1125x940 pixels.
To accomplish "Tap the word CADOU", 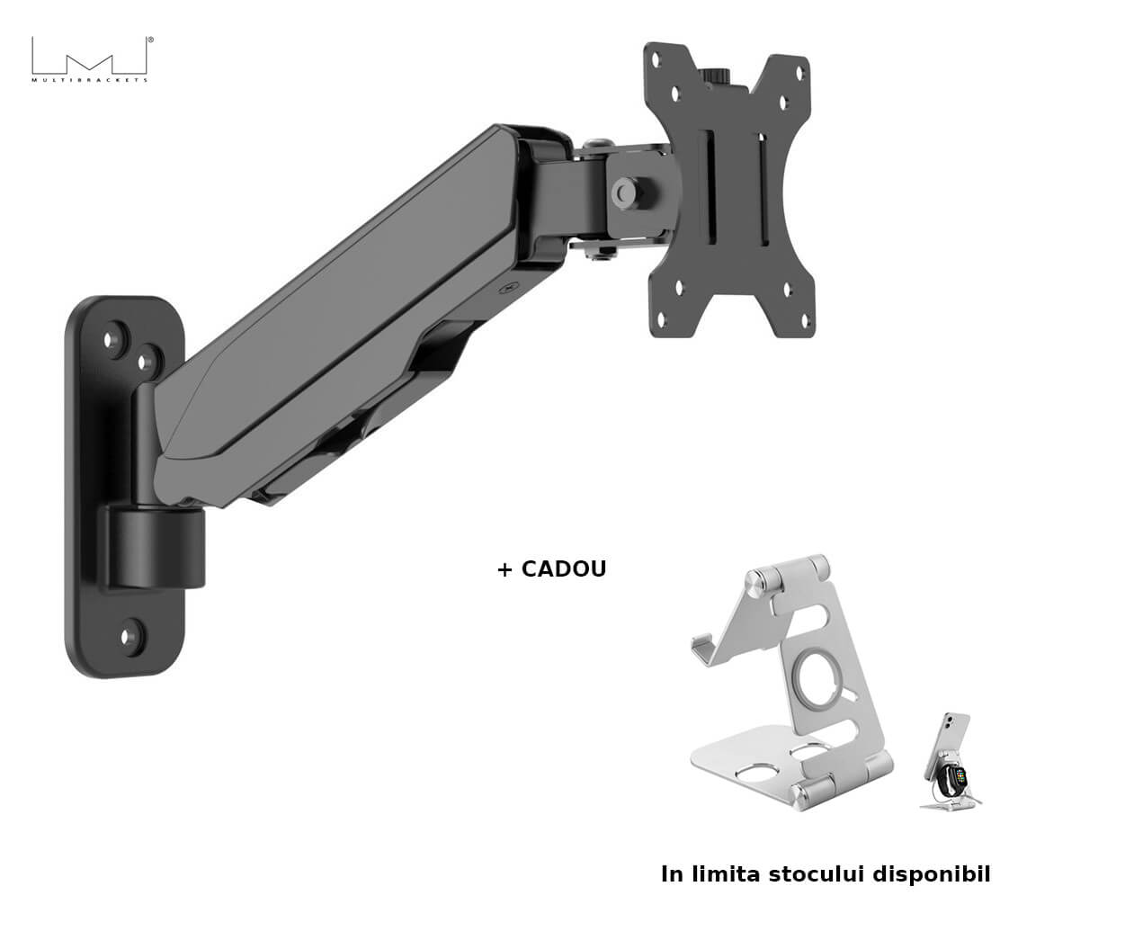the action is (564, 569).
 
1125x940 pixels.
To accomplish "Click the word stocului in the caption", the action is (817, 873).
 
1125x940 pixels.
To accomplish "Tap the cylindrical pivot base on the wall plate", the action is (156, 548).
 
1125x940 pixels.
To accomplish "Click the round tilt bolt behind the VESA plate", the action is (626, 191).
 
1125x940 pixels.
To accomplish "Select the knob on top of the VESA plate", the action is (718, 76).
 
